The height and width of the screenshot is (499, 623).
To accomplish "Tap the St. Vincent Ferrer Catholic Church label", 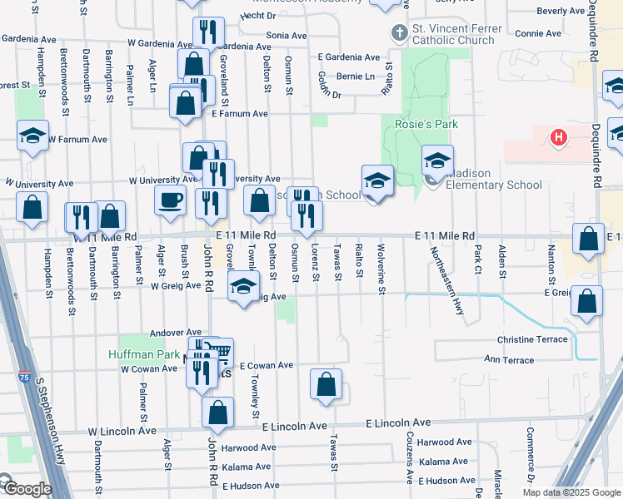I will tap(457, 34).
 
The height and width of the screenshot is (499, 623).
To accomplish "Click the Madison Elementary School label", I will tap(495, 179).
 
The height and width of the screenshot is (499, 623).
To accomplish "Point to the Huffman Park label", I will tap(143, 354).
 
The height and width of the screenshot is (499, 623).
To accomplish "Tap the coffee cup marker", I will tap(171, 200).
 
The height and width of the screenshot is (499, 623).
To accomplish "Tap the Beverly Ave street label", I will tap(561, 12).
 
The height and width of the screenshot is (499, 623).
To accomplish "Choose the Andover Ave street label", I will tap(176, 333).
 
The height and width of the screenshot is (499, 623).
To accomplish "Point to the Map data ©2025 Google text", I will tap(571, 492).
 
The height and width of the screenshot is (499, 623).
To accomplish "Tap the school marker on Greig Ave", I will tap(242, 288).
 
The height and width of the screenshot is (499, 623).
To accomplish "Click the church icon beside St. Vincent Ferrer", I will tap(399, 34).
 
